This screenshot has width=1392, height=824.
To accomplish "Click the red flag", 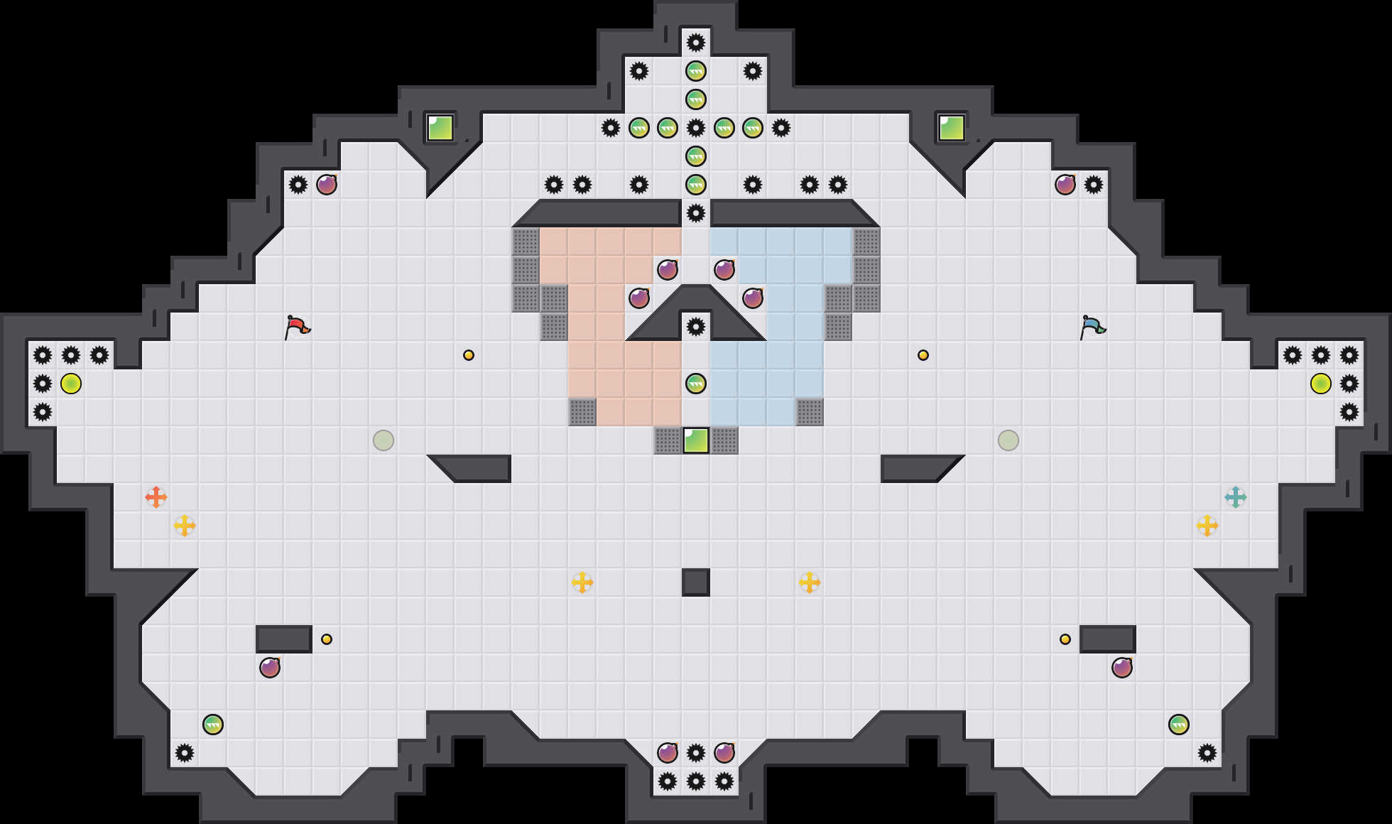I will tap(297, 327).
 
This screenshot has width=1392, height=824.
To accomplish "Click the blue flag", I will tap(1092, 327).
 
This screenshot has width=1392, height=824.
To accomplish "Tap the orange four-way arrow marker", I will tap(156, 497).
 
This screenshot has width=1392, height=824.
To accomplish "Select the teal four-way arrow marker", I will tap(1236, 497).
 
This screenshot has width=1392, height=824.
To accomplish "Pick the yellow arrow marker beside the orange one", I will tap(185, 526).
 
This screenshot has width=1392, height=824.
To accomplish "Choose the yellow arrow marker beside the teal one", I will tap(1207, 526).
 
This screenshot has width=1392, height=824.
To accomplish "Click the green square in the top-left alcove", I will tap(440, 128).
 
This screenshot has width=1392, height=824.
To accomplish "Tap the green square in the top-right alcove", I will tap(952, 128).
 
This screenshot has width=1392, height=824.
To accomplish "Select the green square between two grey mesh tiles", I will tap(696, 440).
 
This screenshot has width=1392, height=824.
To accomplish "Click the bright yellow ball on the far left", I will tap(71, 384).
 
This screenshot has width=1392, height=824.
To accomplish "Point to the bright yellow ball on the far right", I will tap(1321, 384).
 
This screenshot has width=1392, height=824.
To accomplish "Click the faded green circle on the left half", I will tap(384, 440).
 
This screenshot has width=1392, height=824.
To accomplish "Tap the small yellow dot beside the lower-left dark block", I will tap(327, 639).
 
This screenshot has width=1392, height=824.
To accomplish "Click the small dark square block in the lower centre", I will tap(696, 582).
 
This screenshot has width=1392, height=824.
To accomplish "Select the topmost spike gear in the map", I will tap(696, 43).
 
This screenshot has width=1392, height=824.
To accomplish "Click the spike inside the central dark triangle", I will tap(696, 327).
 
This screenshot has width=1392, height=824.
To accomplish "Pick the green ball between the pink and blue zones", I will tap(696, 384).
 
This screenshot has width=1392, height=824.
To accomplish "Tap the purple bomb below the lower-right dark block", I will tap(1122, 668).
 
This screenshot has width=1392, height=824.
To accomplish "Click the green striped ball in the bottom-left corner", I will tap(213, 725).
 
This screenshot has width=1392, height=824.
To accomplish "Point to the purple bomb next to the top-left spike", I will tap(327, 185).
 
